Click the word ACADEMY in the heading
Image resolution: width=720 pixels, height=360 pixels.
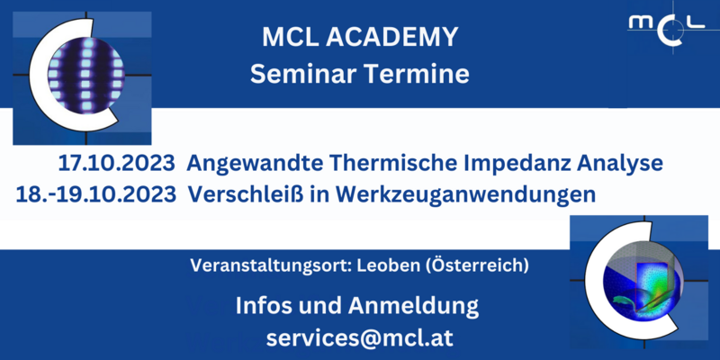392,37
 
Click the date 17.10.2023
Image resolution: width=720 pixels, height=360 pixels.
116,165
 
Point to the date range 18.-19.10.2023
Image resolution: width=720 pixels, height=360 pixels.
96,194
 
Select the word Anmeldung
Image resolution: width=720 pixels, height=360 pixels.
413,307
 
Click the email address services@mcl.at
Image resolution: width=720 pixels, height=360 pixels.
359,338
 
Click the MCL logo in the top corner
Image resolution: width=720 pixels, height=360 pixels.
667,27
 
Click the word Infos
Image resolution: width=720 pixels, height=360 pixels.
264,306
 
